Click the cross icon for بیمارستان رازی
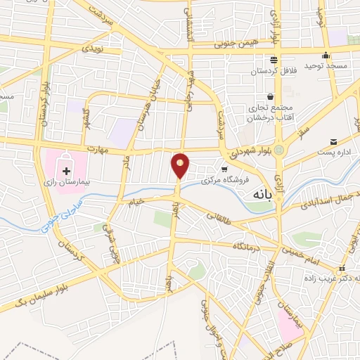(x=67, y=170)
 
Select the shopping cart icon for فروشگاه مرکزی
(x=224, y=169)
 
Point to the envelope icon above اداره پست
(x=333, y=141)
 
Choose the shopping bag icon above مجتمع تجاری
(x=270, y=97)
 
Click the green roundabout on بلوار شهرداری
(x=280, y=150)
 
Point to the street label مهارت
(x=101, y=149)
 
